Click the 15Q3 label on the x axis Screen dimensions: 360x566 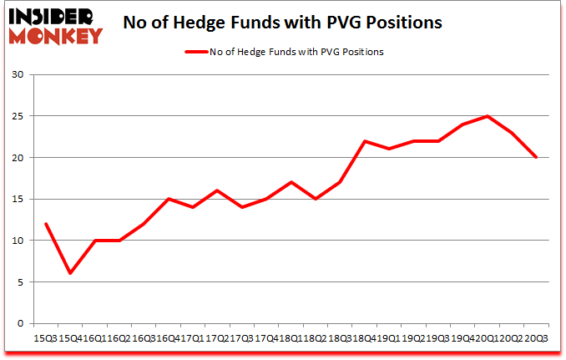click(x=45, y=337)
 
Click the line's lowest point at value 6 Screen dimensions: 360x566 click(x=71, y=274)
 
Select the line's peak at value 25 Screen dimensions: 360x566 click(x=486, y=116)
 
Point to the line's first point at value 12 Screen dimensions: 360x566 click(x=45, y=224)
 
